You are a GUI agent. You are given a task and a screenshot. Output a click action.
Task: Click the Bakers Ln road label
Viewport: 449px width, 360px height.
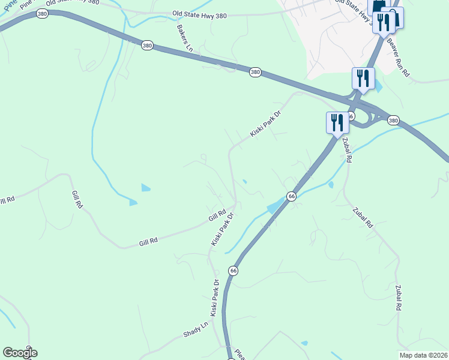pyautogui.click(x=184, y=38)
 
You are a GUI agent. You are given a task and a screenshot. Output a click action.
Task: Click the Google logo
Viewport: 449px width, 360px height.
pyautogui.click(x=20, y=353)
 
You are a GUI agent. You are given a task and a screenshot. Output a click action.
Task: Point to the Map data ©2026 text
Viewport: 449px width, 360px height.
pyautogui.click(x=423, y=355)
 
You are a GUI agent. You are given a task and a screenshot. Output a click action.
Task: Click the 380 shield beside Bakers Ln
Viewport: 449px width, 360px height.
pyautogui.click(x=148, y=45)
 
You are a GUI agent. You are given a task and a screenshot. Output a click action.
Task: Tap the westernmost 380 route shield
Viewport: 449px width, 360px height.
pyautogui.click(x=41, y=13)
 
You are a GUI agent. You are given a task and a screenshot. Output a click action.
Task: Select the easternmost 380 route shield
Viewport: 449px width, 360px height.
pyautogui.click(x=393, y=121)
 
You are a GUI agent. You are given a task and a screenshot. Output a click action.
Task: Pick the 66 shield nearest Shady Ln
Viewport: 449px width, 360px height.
pyautogui.click(x=234, y=271)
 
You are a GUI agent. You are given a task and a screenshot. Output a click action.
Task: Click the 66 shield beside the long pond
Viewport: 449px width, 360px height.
pyautogui.click(x=292, y=196)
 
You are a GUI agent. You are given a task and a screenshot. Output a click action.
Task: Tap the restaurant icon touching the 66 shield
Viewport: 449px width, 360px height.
pyautogui.click(x=337, y=122)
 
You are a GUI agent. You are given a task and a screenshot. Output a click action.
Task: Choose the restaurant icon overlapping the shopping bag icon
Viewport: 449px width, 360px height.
pyautogui.click(x=383, y=22)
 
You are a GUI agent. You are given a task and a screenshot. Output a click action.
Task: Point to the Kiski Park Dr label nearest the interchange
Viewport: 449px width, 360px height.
pyautogui.click(x=265, y=124)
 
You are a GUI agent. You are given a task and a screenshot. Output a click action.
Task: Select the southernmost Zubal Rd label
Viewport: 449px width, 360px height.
pyautogui.click(x=398, y=297)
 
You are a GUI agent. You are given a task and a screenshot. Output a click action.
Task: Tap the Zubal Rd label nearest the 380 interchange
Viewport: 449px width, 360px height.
pyautogui.click(x=348, y=149)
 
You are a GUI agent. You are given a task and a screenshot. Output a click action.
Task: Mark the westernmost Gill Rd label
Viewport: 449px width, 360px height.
pyautogui.click(x=77, y=200)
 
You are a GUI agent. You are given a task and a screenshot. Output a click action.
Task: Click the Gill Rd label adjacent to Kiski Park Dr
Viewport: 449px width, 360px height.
pyautogui.click(x=217, y=214)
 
